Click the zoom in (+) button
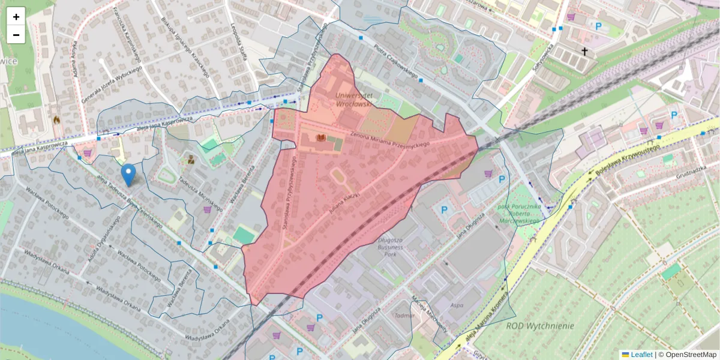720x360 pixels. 16,17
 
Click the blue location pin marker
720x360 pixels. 128,174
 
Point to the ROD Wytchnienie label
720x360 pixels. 540,326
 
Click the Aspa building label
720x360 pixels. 457,305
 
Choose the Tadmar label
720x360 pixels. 405,315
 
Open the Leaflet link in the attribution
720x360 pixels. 641,355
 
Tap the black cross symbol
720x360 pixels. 584,52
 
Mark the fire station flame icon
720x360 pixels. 56,120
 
